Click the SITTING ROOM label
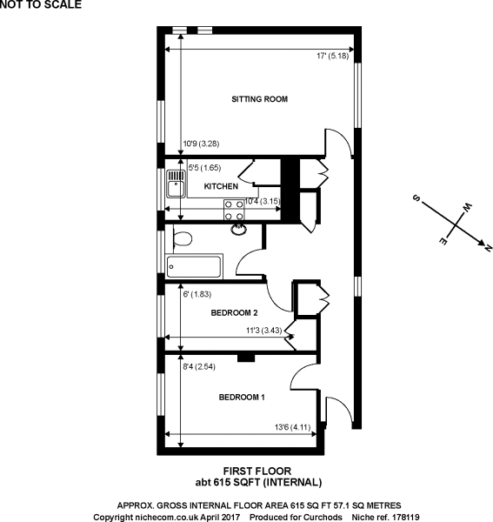(x=259, y=99)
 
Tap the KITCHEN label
(x=221, y=186)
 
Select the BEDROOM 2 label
(x=234, y=312)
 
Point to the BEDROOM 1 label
(x=242, y=398)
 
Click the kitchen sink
(x=176, y=184)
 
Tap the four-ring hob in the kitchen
(x=234, y=210)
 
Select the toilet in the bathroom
(x=183, y=238)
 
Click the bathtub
(x=194, y=266)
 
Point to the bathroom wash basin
(x=239, y=230)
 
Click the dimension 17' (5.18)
(x=332, y=56)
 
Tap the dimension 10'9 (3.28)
(x=201, y=144)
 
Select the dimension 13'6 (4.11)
(x=292, y=427)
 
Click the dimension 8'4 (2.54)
(x=199, y=366)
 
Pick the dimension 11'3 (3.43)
(x=263, y=331)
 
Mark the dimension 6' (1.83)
(x=197, y=294)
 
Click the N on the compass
(x=488, y=248)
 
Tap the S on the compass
(x=416, y=198)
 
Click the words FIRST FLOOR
(x=257, y=471)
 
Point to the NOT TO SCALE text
(x=41, y=4)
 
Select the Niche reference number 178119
(x=404, y=517)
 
